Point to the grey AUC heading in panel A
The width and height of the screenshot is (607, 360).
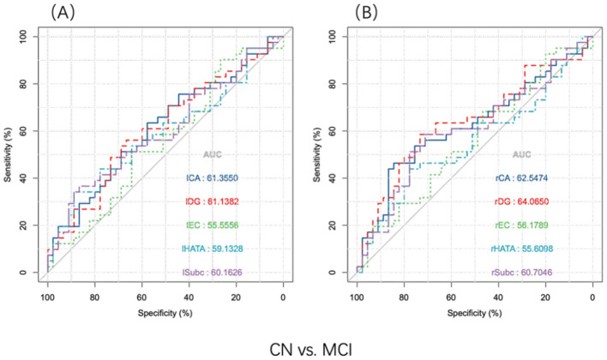click(x=214, y=154)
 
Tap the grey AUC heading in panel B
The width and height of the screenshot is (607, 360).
click(x=521, y=154)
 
